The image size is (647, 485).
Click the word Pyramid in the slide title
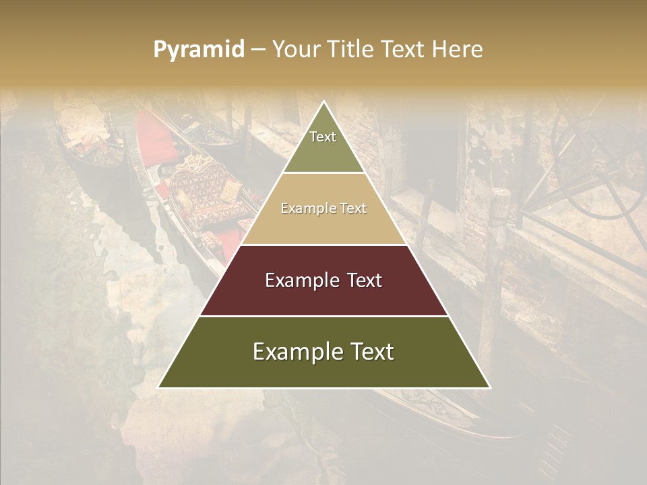(199, 50)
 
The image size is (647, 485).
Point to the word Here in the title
(458, 50)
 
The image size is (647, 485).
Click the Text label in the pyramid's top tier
(323, 137)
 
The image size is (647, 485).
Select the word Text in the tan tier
(352, 209)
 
